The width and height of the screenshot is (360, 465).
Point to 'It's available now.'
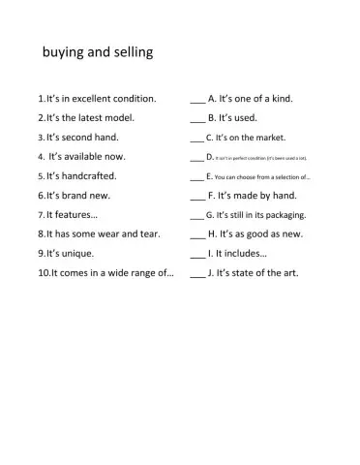(x=86, y=156)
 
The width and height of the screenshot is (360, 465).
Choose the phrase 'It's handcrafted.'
(x=81, y=176)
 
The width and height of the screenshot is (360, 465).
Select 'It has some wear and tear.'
(x=102, y=233)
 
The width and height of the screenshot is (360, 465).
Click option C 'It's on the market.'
(x=252, y=138)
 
